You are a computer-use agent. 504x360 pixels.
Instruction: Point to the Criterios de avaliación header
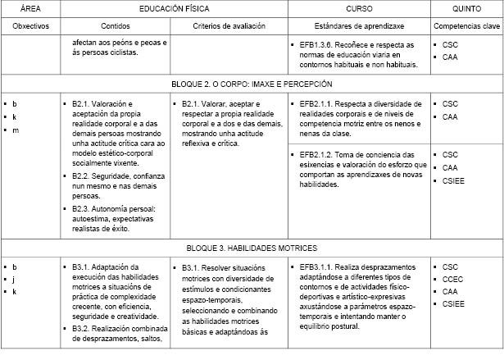pyautogui.click(x=229, y=26)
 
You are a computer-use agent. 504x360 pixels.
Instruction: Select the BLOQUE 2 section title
pyautogui.click(x=252, y=84)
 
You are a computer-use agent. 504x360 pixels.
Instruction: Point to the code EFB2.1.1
pyautogui.click(x=319, y=104)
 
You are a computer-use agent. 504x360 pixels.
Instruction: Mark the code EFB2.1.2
pyautogui.click(x=319, y=154)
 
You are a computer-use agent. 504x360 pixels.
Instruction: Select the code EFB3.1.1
pyautogui.click(x=319, y=267)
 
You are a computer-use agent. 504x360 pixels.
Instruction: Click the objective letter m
pyautogui.click(x=15, y=130)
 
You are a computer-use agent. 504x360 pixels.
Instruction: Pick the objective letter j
pyautogui.click(x=15, y=280)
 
